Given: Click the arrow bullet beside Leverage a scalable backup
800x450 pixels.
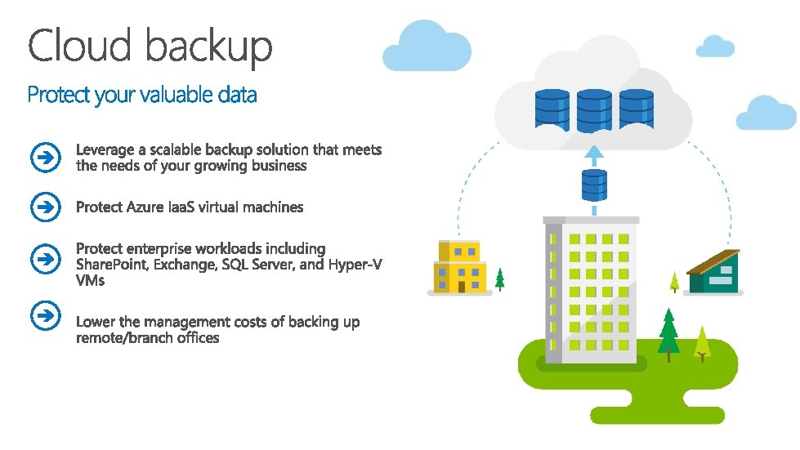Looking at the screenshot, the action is click(47, 158).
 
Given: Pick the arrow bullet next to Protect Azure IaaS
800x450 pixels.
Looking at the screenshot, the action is click(47, 207).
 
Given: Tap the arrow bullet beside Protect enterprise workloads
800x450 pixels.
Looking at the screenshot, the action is click(47, 260).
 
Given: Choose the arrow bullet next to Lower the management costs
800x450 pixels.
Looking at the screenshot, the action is click(47, 314).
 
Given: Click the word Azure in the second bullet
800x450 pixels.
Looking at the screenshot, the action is click(145, 207).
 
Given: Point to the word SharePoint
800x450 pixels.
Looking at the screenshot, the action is click(107, 265).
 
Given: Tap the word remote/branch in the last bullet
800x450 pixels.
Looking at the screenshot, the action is click(123, 337).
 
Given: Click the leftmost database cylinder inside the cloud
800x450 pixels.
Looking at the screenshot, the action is click(552, 110).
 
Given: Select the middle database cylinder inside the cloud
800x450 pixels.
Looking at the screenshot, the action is click(594, 110).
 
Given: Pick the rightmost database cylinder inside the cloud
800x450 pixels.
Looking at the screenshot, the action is click(637, 110).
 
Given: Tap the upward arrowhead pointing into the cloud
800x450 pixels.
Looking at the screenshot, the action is click(594, 152).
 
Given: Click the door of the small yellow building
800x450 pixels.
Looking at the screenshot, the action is click(461, 287).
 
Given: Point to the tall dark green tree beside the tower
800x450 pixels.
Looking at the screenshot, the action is click(668, 330).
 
